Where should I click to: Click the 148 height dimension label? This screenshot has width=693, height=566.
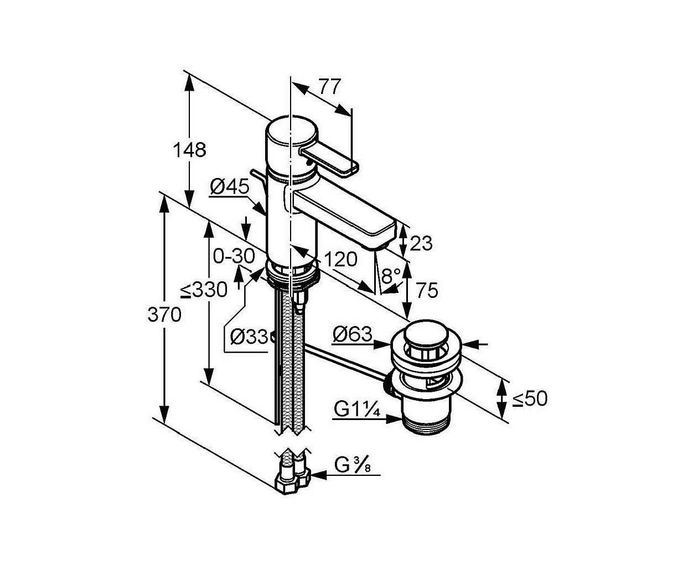pos(189,150)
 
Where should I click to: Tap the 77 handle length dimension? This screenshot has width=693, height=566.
pos(329,87)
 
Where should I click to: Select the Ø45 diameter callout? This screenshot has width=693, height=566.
pos(230,187)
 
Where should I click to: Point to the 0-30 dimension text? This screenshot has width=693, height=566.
pos(234,256)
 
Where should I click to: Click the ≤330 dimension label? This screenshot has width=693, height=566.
pos(204,290)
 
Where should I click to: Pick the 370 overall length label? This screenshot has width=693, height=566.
pos(164,315)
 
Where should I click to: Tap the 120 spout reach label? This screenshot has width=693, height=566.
pos(340,259)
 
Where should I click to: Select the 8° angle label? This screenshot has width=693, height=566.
pos(391,275)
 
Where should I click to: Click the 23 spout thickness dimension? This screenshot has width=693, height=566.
pos(421,243)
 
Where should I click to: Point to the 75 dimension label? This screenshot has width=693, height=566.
pos(427,290)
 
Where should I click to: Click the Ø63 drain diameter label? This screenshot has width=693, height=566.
pos(353,334)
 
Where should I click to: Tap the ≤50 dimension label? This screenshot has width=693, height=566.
pos(530,399)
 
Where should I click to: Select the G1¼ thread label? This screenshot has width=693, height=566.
pos(357,410)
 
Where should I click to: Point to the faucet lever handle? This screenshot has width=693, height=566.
pos(329,161)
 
